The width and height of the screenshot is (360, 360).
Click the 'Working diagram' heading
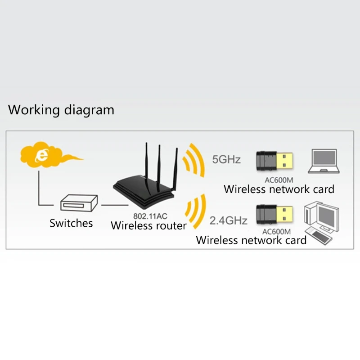(61, 110)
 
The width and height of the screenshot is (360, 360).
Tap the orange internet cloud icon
(46, 154)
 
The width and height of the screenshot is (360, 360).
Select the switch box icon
(79, 203)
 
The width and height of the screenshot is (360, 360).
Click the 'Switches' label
(71, 223)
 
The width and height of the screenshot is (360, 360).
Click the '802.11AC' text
(150, 216)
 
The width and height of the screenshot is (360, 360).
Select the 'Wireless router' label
(148, 226)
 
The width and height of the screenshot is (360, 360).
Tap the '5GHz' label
(226, 160)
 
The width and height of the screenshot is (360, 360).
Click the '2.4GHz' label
(228, 220)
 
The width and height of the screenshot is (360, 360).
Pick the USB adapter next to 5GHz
(274, 161)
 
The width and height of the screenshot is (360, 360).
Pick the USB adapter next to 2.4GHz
(274, 214)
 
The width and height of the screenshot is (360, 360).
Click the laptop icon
(324, 161)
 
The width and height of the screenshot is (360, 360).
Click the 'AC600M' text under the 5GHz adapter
(279, 180)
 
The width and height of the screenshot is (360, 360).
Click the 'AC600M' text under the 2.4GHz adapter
(276, 231)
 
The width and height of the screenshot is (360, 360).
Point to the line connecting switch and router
(115, 205)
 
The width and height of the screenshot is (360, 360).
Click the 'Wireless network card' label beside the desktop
(251, 240)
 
